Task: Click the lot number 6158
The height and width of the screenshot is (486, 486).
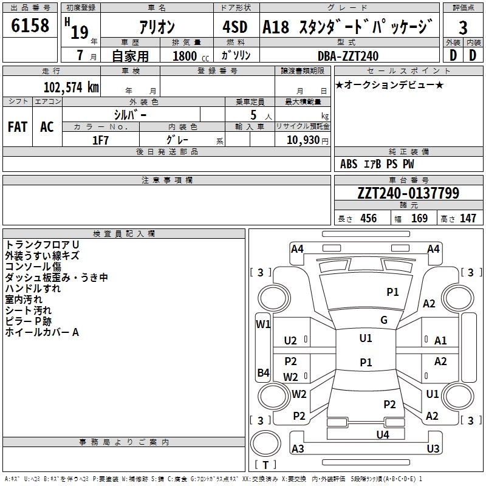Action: [30, 26]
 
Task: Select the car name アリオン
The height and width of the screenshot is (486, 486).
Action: [157, 27]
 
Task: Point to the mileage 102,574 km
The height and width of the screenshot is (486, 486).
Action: [71, 87]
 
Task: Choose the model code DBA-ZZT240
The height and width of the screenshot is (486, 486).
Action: [348, 56]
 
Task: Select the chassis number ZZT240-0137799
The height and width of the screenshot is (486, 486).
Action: [408, 193]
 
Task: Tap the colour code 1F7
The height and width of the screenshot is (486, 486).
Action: [101, 140]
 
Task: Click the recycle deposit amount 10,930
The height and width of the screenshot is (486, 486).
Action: [303, 140]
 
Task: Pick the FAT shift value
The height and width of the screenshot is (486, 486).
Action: [17, 127]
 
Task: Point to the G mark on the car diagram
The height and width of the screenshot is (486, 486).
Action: [384, 320]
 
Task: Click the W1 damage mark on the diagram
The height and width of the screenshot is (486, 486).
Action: [263, 324]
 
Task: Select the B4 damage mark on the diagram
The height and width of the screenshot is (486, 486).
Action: [263, 372]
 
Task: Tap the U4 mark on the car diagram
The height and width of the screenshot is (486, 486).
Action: [382, 434]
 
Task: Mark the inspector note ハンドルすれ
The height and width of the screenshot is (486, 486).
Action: [33, 289]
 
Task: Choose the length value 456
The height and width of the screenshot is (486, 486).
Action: [368, 219]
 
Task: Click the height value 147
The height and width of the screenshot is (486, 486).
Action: [468, 219]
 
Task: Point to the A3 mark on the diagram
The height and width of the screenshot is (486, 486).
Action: [298, 449]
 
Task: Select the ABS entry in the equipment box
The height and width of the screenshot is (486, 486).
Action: [349, 164]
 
